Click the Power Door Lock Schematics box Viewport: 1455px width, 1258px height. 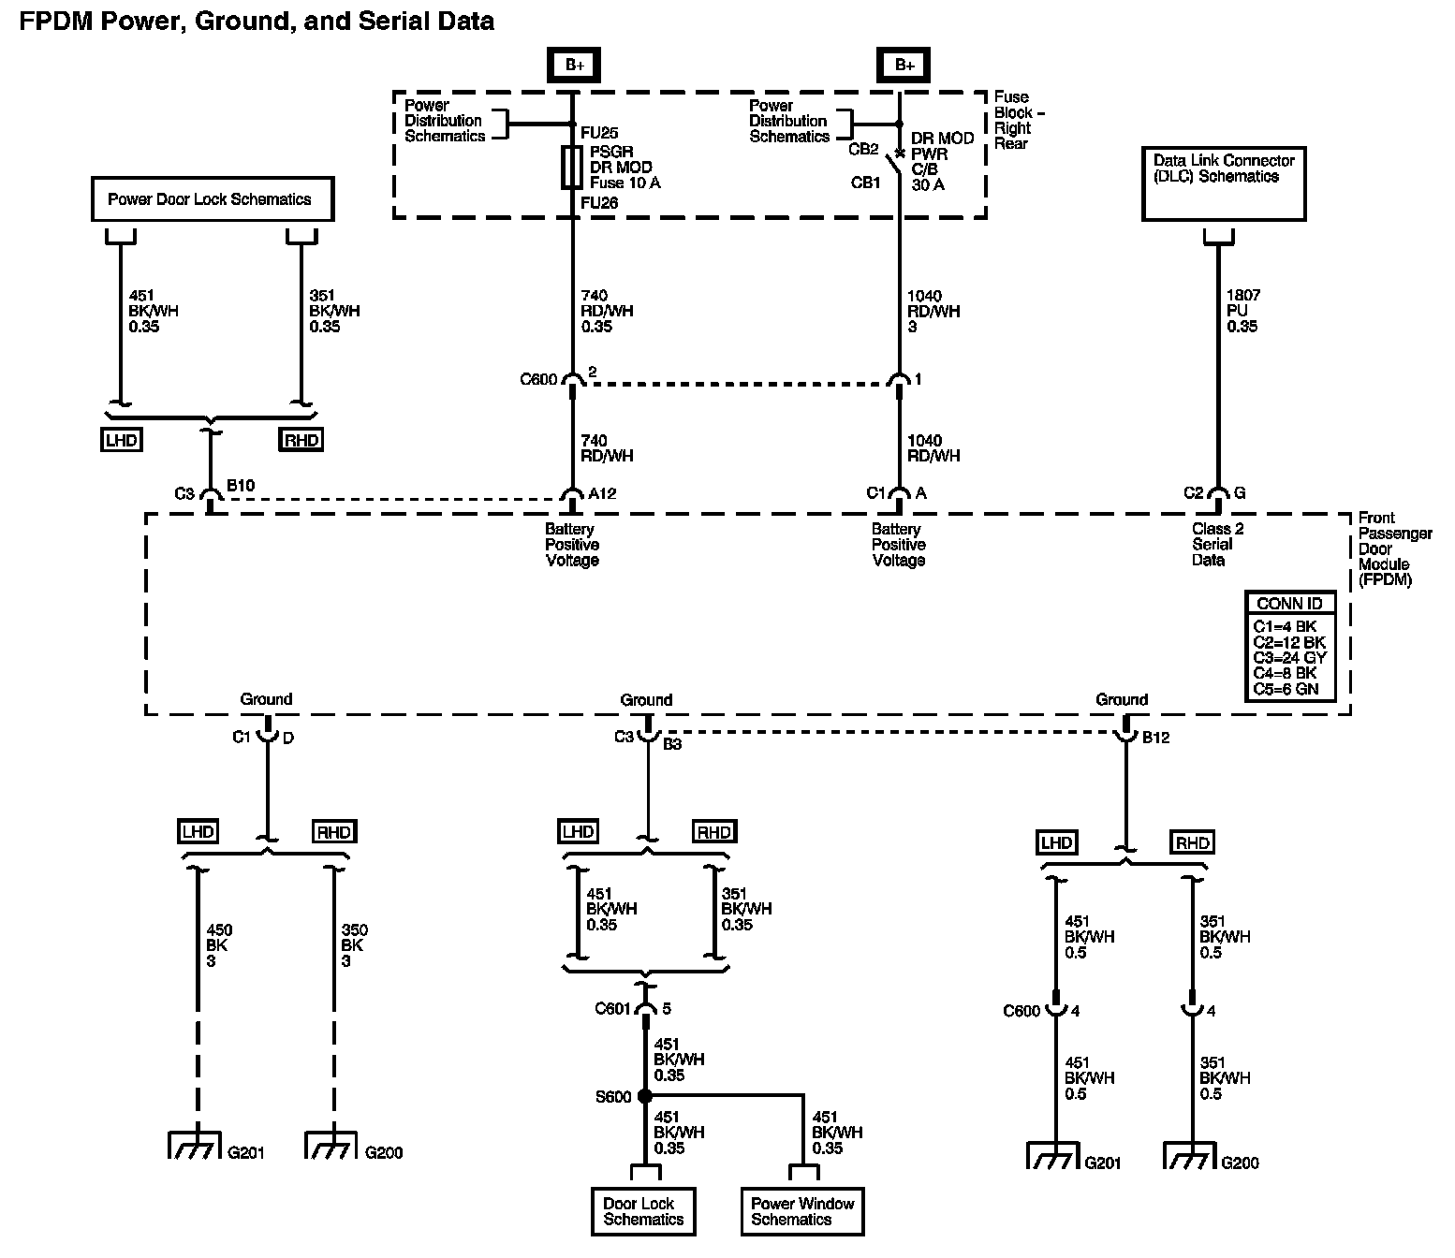click(212, 199)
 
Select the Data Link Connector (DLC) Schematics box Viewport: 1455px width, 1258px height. click(1223, 183)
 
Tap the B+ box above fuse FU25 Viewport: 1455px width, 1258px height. click(573, 65)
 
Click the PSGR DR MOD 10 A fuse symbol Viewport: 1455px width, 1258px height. click(572, 168)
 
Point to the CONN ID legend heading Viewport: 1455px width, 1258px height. click(1288, 604)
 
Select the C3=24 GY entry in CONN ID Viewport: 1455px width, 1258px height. click(1289, 657)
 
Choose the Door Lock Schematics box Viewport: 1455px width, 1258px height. click(643, 1211)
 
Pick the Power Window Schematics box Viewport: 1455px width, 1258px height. click(802, 1211)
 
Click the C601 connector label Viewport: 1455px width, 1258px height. click(613, 1009)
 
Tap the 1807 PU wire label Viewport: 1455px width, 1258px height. click(1242, 311)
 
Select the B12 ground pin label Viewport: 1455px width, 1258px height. click(1154, 738)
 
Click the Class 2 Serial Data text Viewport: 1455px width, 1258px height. click(1216, 544)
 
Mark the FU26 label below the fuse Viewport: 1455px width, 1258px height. click(598, 202)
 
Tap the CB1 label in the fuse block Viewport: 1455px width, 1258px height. click(865, 183)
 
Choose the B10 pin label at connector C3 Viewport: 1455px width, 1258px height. click(241, 487)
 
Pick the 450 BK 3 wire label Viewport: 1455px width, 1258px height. click(218, 945)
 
